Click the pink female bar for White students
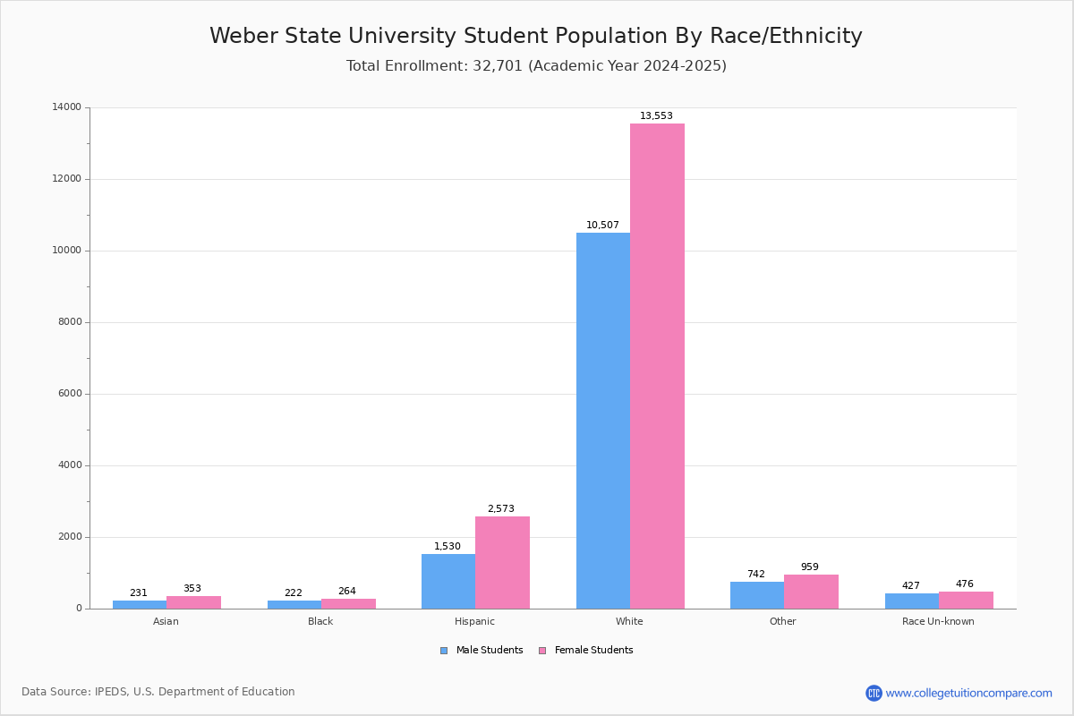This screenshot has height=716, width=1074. [657, 366]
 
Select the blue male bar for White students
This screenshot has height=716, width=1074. [603, 421]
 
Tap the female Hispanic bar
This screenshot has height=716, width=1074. [502, 563]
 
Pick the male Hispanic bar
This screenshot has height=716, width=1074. [448, 581]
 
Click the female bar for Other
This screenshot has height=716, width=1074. [811, 592]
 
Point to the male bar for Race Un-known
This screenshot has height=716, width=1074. [912, 601]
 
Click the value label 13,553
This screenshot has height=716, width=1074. [656, 115]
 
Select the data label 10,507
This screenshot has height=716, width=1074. [602, 225]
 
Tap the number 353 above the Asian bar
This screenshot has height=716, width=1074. [192, 588]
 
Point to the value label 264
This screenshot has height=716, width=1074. [347, 591]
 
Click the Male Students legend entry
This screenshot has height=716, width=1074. [482, 651]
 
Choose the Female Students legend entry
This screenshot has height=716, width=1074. [586, 651]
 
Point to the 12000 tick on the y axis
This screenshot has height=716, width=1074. [67, 178]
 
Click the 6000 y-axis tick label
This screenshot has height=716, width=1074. [70, 393]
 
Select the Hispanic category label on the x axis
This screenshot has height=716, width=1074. [474, 621]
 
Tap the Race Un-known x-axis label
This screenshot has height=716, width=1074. [938, 621]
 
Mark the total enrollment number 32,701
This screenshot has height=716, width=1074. [498, 65]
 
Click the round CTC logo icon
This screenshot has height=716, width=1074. [874, 693]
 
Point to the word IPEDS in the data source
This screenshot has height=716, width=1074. [111, 692]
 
